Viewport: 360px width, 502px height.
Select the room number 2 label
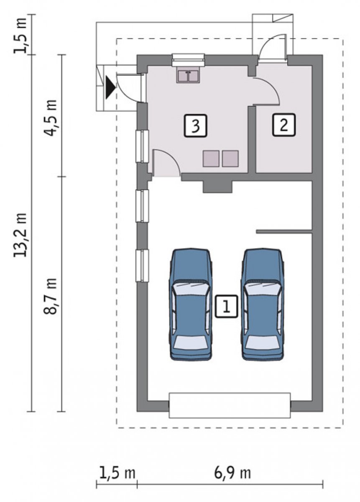284,125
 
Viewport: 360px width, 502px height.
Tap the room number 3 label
196,125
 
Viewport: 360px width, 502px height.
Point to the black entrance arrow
110,87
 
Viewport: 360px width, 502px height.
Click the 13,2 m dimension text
20,235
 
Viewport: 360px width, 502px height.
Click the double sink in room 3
188,77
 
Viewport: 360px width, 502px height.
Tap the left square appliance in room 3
211,159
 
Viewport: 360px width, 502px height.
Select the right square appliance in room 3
230,159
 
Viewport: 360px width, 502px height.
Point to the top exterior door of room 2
273,47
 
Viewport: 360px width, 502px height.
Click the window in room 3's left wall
142,146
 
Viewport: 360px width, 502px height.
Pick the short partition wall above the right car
284,232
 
